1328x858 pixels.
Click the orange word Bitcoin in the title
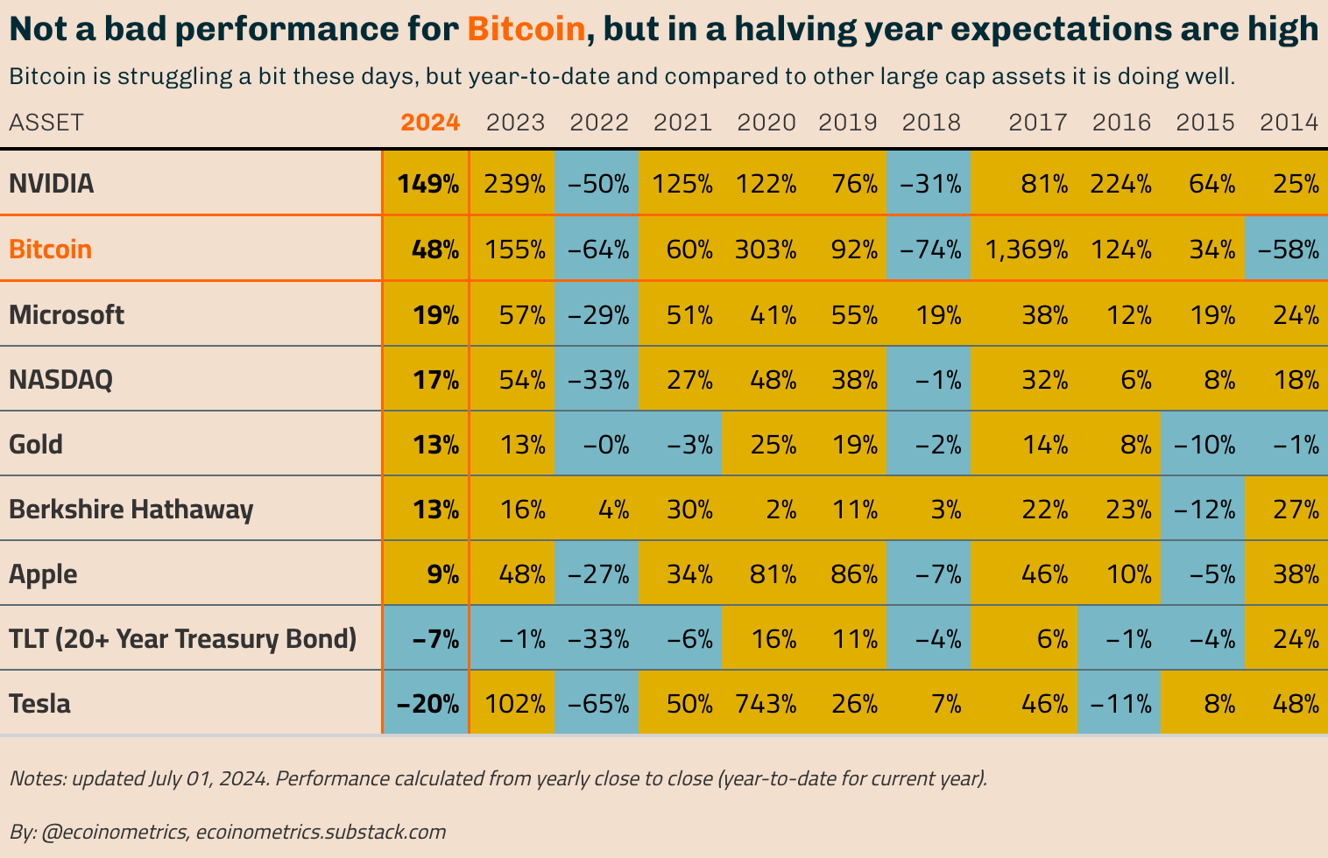tap(526, 29)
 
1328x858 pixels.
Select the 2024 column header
tap(430, 123)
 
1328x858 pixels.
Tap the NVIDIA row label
tap(51, 184)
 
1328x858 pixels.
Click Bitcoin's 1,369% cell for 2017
tap(1027, 250)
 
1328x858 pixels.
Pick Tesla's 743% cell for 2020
tap(766, 704)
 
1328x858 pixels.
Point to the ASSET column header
tap(46, 123)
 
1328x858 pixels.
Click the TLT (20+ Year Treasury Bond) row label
tap(182, 639)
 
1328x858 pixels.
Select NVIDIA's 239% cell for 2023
tap(515, 184)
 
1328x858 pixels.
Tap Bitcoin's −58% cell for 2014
tap(1288, 250)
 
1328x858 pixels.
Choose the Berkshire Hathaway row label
tap(131, 510)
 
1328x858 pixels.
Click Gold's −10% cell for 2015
tap(1204, 445)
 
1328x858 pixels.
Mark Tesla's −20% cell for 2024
tap(427, 704)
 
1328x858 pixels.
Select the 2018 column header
tap(931, 123)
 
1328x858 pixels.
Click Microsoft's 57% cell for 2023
tap(522, 315)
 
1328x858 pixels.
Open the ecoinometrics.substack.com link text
tap(321, 831)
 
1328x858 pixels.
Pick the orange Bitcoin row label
tap(50, 250)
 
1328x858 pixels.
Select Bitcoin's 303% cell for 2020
tap(766, 250)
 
